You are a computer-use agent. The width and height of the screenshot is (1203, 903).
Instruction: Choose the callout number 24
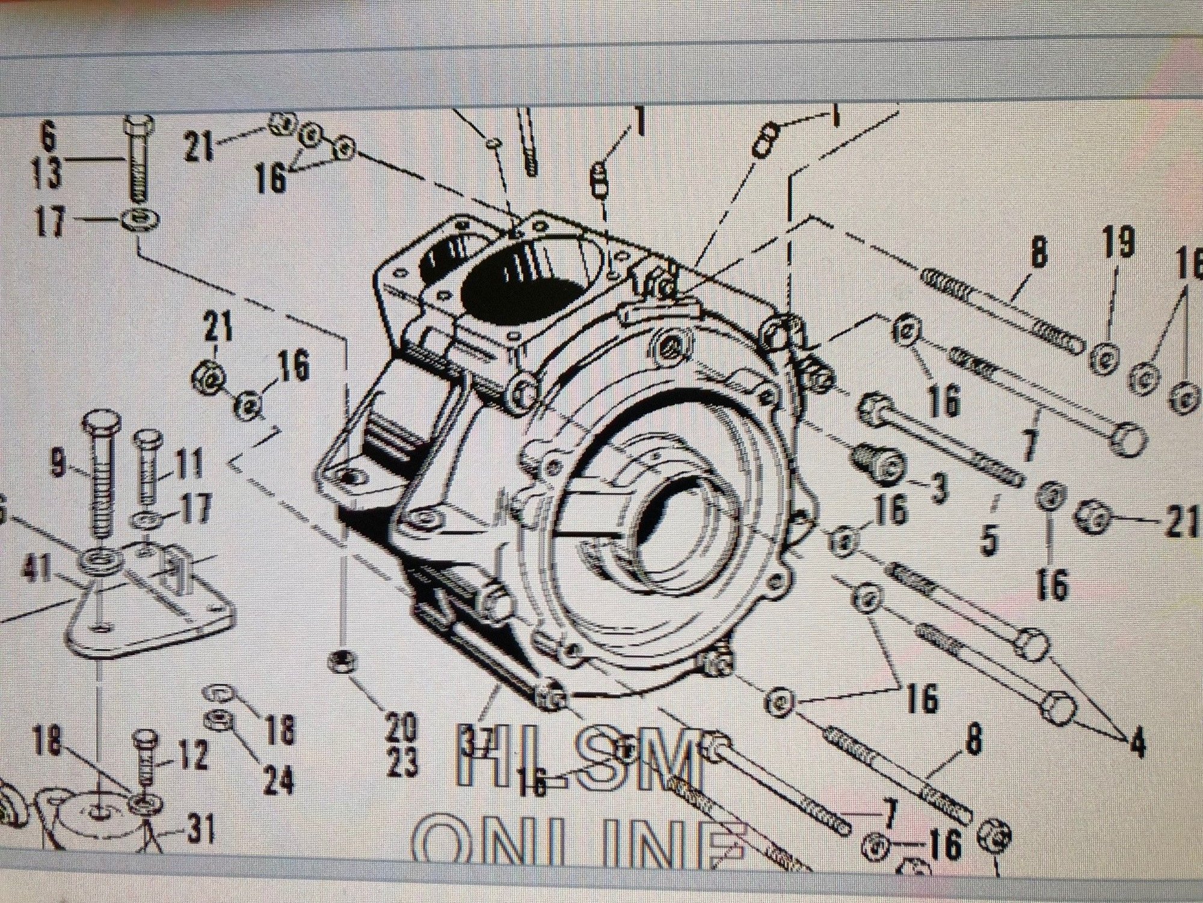[x=278, y=780]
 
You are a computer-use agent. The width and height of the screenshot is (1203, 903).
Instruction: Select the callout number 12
[x=192, y=754]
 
